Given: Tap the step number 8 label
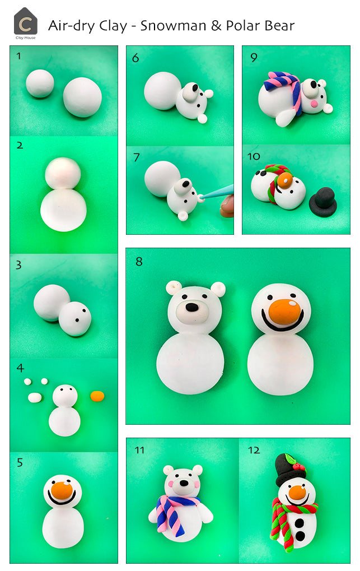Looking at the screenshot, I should click(139, 261).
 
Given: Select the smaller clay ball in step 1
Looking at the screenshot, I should click(40, 83).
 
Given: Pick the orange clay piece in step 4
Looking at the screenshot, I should click(97, 396).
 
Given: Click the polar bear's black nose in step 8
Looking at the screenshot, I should click(191, 307).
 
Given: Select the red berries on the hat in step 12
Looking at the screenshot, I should click(300, 467).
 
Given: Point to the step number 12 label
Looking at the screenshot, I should click(254, 450).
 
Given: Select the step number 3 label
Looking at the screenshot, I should click(18, 265).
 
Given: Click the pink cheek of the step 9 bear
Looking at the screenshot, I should click(314, 104).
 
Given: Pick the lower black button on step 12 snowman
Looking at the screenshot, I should click(300, 536).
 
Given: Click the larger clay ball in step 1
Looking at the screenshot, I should click(82, 96).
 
